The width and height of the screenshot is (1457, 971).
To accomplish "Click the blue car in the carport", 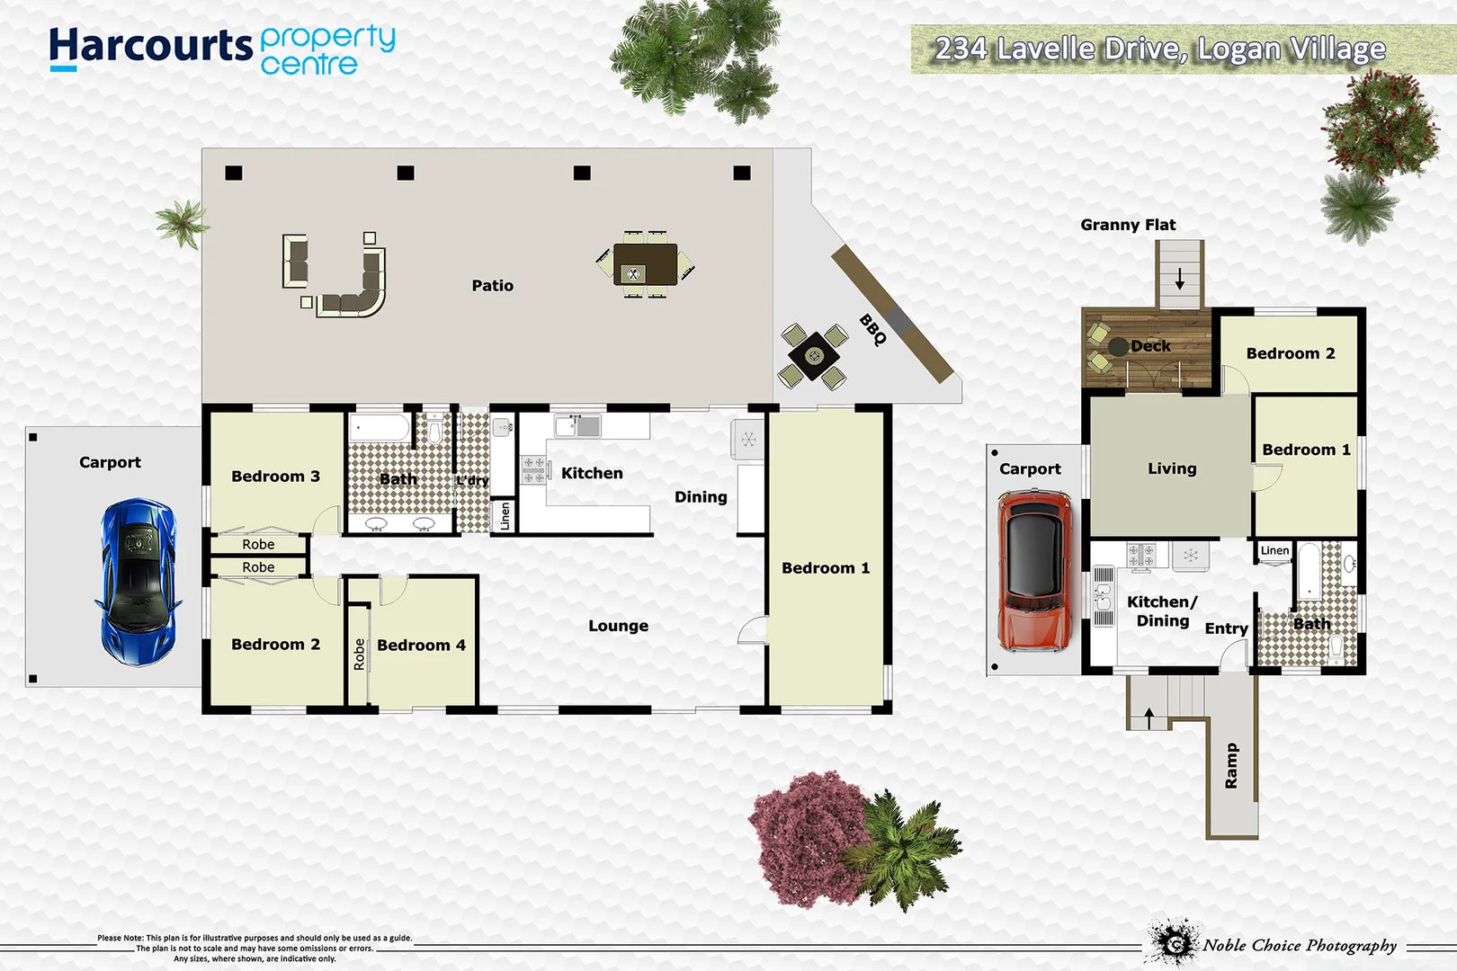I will pyautogui.click(x=138, y=583).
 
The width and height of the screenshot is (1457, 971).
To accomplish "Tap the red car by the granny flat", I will pyautogui.click(x=1034, y=570).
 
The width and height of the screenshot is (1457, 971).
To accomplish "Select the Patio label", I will pyautogui.click(x=492, y=286).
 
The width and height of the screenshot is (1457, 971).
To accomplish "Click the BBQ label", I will pyautogui.click(x=872, y=330).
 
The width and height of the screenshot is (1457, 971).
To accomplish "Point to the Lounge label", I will pyautogui.click(x=618, y=626).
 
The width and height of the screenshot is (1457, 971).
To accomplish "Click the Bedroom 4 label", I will pyautogui.click(x=421, y=646).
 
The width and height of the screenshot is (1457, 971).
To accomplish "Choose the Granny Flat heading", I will pyautogui.click(x=1128, y=225).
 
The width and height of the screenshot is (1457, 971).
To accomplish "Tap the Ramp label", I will pyautogui.click(x=1231, y=766).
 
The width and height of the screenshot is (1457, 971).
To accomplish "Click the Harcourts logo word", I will pyautogui.click(x=151, y=47).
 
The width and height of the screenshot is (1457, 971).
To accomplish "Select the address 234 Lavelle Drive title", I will pyautogui.click(x=1160, y=49).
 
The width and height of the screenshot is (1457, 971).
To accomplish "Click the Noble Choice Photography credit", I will pyautogui.click(x=1299, y=945).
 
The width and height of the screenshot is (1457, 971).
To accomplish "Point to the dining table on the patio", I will pyautogui.click(x=645, y=264).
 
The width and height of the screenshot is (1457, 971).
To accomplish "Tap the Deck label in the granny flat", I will pyautogui.click(x=1150, y=346).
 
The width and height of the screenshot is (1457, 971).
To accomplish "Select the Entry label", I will pyautogui.click(x=1226, y=628).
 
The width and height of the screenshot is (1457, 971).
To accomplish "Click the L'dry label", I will pyautogui.click(x=472, y=481).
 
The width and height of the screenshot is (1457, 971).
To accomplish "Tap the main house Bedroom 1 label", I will pyautogui.click(x=826, y=568).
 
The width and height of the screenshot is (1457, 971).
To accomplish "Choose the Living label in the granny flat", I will pyautogui.click(x=1172, y=468).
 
